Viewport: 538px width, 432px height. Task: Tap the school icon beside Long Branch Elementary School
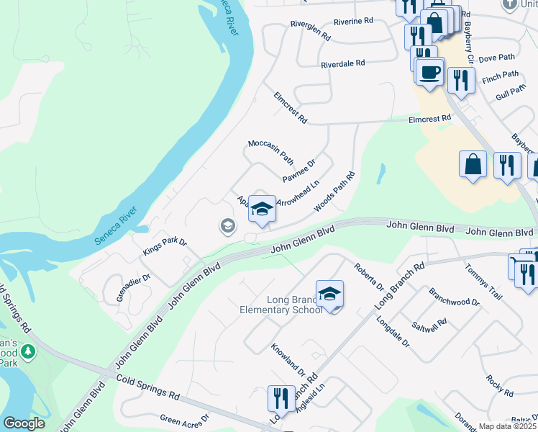coord(329,294)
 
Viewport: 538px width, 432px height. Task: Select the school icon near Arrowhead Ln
coord(262,210)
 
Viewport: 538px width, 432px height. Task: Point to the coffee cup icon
coord(430,72)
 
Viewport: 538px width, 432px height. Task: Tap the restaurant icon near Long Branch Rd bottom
coord(281,399)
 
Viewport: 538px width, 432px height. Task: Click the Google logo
coord(24,423)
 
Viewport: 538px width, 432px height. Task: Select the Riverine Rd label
coord(352,22)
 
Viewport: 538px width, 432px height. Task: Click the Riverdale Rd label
coord(343,63)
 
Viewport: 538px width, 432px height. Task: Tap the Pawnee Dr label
coord(298,171)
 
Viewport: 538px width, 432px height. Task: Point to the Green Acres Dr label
coord(184,418)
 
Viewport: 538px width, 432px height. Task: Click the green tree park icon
coord(28,352)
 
